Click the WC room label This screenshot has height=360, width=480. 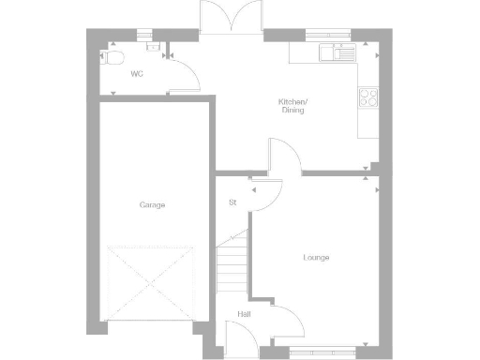(x=137, y=73)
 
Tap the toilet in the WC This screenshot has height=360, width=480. (x=113, y=57)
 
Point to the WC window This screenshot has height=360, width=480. (x=145, y=36)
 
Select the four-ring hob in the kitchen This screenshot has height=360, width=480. (x=367, y=97)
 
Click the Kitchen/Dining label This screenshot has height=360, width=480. (x=292, y=106)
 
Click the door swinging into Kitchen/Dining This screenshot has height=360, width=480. (x=283, y=157)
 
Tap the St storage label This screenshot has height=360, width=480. (x=232, y=202)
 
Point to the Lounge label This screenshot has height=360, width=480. (x=316, y=258)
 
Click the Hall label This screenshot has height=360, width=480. (x=243, y=314)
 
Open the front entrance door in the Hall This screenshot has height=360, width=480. (x=240, y=337)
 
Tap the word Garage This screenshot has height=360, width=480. (x=152, y=204)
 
